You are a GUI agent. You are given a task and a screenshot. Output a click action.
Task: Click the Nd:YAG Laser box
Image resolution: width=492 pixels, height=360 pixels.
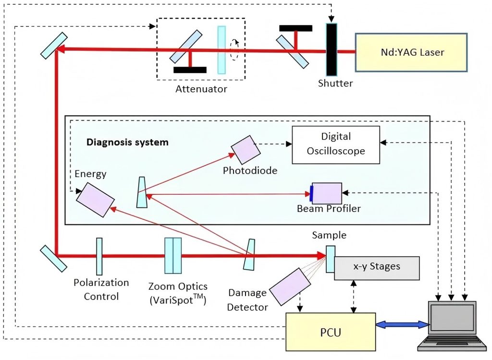pos(411,52)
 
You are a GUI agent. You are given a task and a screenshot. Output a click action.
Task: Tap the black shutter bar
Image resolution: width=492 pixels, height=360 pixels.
pos(332,49)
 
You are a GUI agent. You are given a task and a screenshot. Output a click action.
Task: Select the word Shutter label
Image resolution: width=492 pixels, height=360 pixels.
pos(335,83)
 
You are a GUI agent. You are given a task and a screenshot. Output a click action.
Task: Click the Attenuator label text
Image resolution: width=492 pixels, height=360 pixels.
pos(201,89)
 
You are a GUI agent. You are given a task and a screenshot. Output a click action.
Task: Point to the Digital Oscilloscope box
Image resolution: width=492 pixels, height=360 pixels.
pos(336,144)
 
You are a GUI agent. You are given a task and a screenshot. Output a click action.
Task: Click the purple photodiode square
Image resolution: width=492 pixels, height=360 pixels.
pos(246,149)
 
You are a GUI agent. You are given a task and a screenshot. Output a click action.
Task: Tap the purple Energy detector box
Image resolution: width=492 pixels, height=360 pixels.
pos(95,199)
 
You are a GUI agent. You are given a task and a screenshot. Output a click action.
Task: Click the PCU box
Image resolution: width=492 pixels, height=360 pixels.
pos(330,332)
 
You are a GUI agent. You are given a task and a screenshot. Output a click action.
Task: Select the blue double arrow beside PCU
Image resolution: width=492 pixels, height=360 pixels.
pos(402,325)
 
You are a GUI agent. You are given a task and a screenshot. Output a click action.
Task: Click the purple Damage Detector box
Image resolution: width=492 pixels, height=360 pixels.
pos(290,286)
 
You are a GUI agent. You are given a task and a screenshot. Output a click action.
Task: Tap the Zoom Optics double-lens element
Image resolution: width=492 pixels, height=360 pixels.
pos(173,255)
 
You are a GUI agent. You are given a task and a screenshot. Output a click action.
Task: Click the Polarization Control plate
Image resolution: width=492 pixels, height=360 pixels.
pos(99,256)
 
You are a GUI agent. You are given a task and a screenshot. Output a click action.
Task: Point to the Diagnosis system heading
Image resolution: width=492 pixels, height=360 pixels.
pos(127,142)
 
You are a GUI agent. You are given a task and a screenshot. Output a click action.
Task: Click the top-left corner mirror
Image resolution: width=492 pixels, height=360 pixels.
pos(53,46)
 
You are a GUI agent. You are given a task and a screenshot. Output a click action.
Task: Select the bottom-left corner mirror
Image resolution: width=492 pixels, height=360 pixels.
pos(53,258)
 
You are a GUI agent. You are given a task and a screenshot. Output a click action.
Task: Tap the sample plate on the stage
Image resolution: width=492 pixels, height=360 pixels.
pos(331,259)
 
